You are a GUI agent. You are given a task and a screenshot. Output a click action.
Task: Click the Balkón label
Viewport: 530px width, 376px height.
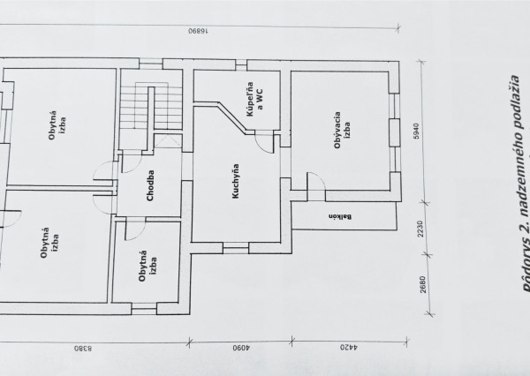click(x=337, y=215)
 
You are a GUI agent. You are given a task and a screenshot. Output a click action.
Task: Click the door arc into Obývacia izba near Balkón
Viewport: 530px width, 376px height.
click(x=315, y=182)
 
